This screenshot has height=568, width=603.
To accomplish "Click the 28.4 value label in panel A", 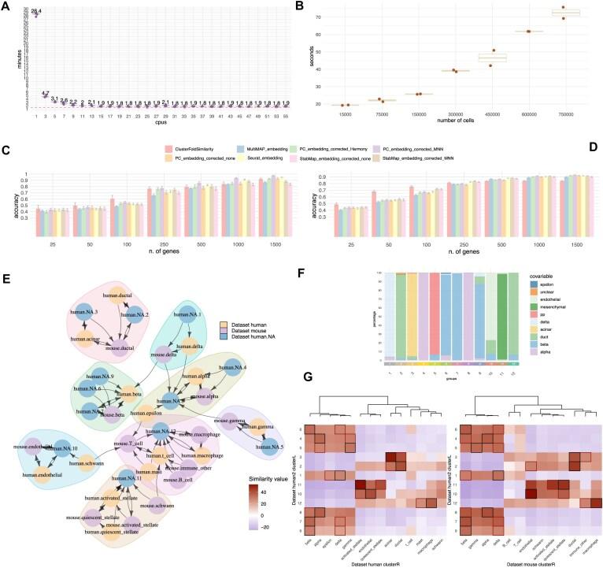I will (x=35, y=10).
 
